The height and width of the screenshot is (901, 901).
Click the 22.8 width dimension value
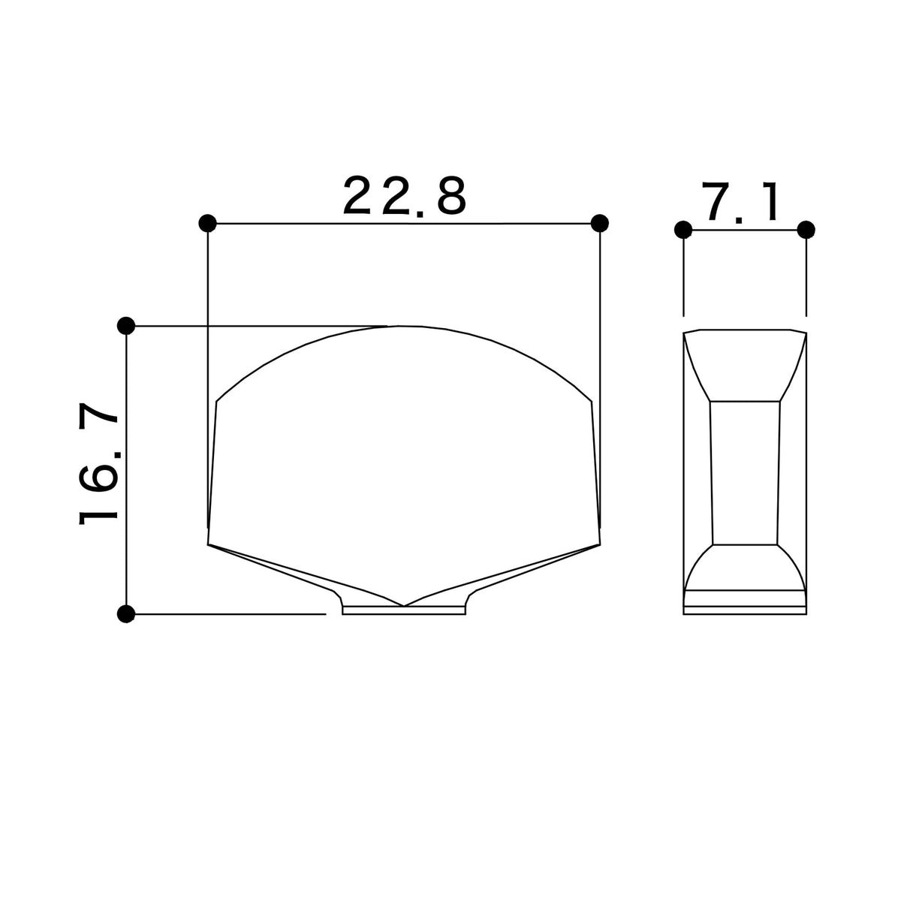point(405,195)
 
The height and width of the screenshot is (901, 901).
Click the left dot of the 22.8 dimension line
point(207,223)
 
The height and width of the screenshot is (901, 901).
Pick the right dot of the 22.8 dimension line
point(599,223)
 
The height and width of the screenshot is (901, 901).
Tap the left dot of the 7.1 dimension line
point(683,230)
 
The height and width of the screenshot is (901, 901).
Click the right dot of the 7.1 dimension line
point(806,230)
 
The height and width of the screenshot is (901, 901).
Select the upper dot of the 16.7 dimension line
point(126,325)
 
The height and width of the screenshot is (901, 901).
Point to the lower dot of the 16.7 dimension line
point(126,613)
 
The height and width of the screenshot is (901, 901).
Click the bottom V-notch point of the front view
point(403,606)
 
